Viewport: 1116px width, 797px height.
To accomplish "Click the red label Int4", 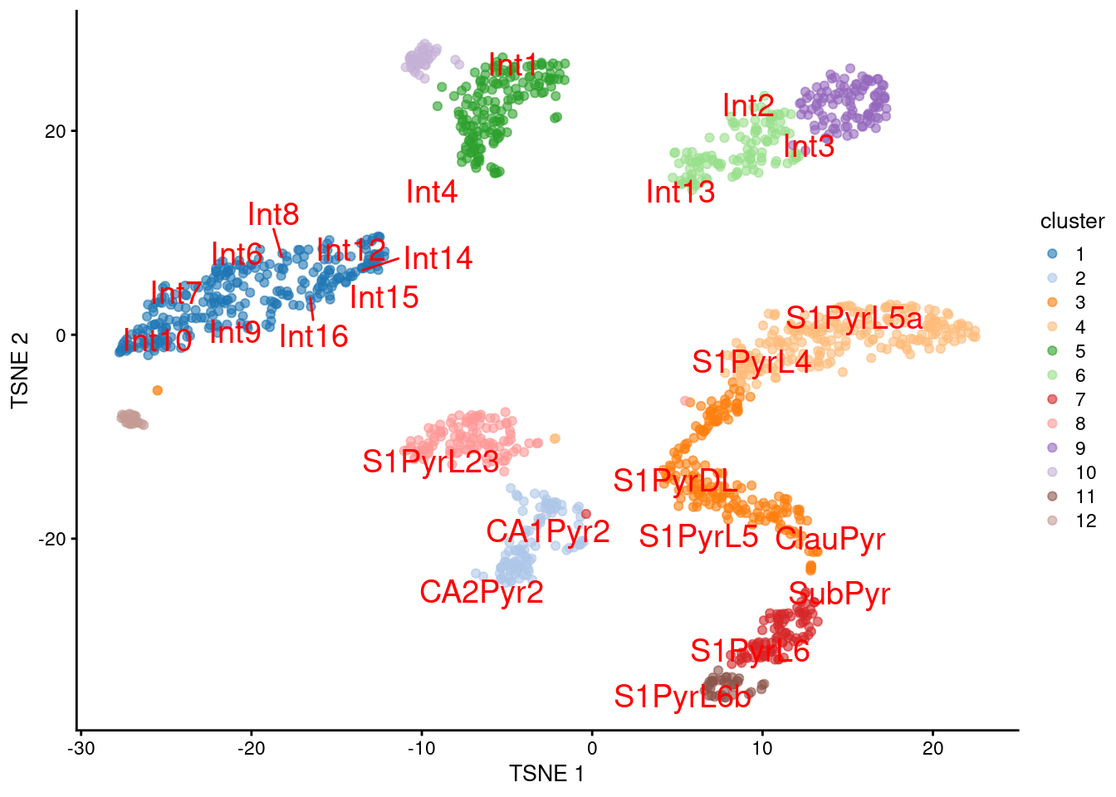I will (x=432, y=192).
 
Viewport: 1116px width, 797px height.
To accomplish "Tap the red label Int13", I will (x=680, y=192).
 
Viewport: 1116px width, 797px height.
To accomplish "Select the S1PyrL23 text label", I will (x=431, y=462).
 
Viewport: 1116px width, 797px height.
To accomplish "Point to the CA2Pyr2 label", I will (x=482, y=592).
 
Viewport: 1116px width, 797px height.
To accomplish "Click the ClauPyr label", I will (x=830, y=539).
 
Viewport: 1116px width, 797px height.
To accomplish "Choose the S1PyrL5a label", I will (x=854, y=318).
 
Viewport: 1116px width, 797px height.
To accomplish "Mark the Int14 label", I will (x=438, y=258).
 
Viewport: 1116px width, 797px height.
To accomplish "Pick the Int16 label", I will (x=313, y=336).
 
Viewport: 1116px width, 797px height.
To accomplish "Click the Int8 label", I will (x=273, y=214).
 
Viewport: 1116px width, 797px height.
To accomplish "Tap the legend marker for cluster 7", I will (x=1052, y=399).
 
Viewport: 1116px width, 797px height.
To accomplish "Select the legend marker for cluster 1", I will (x=1052, y=254).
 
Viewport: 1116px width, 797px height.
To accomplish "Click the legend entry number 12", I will (x=1085, y=521).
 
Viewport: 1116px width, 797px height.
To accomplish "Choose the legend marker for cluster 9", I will (x=1052, y=448).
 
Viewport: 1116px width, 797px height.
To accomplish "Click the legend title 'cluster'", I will (x=1072, y=221).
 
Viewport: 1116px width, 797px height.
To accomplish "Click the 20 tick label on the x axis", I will (x=932, y=748).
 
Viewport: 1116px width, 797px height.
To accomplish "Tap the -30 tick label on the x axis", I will (x=81, y=748).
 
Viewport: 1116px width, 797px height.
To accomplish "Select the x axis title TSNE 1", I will (x=546, y=774).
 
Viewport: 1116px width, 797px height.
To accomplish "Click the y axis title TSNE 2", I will (x=20, y=370).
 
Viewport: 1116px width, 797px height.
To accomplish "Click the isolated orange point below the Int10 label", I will (x=158, y=390).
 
